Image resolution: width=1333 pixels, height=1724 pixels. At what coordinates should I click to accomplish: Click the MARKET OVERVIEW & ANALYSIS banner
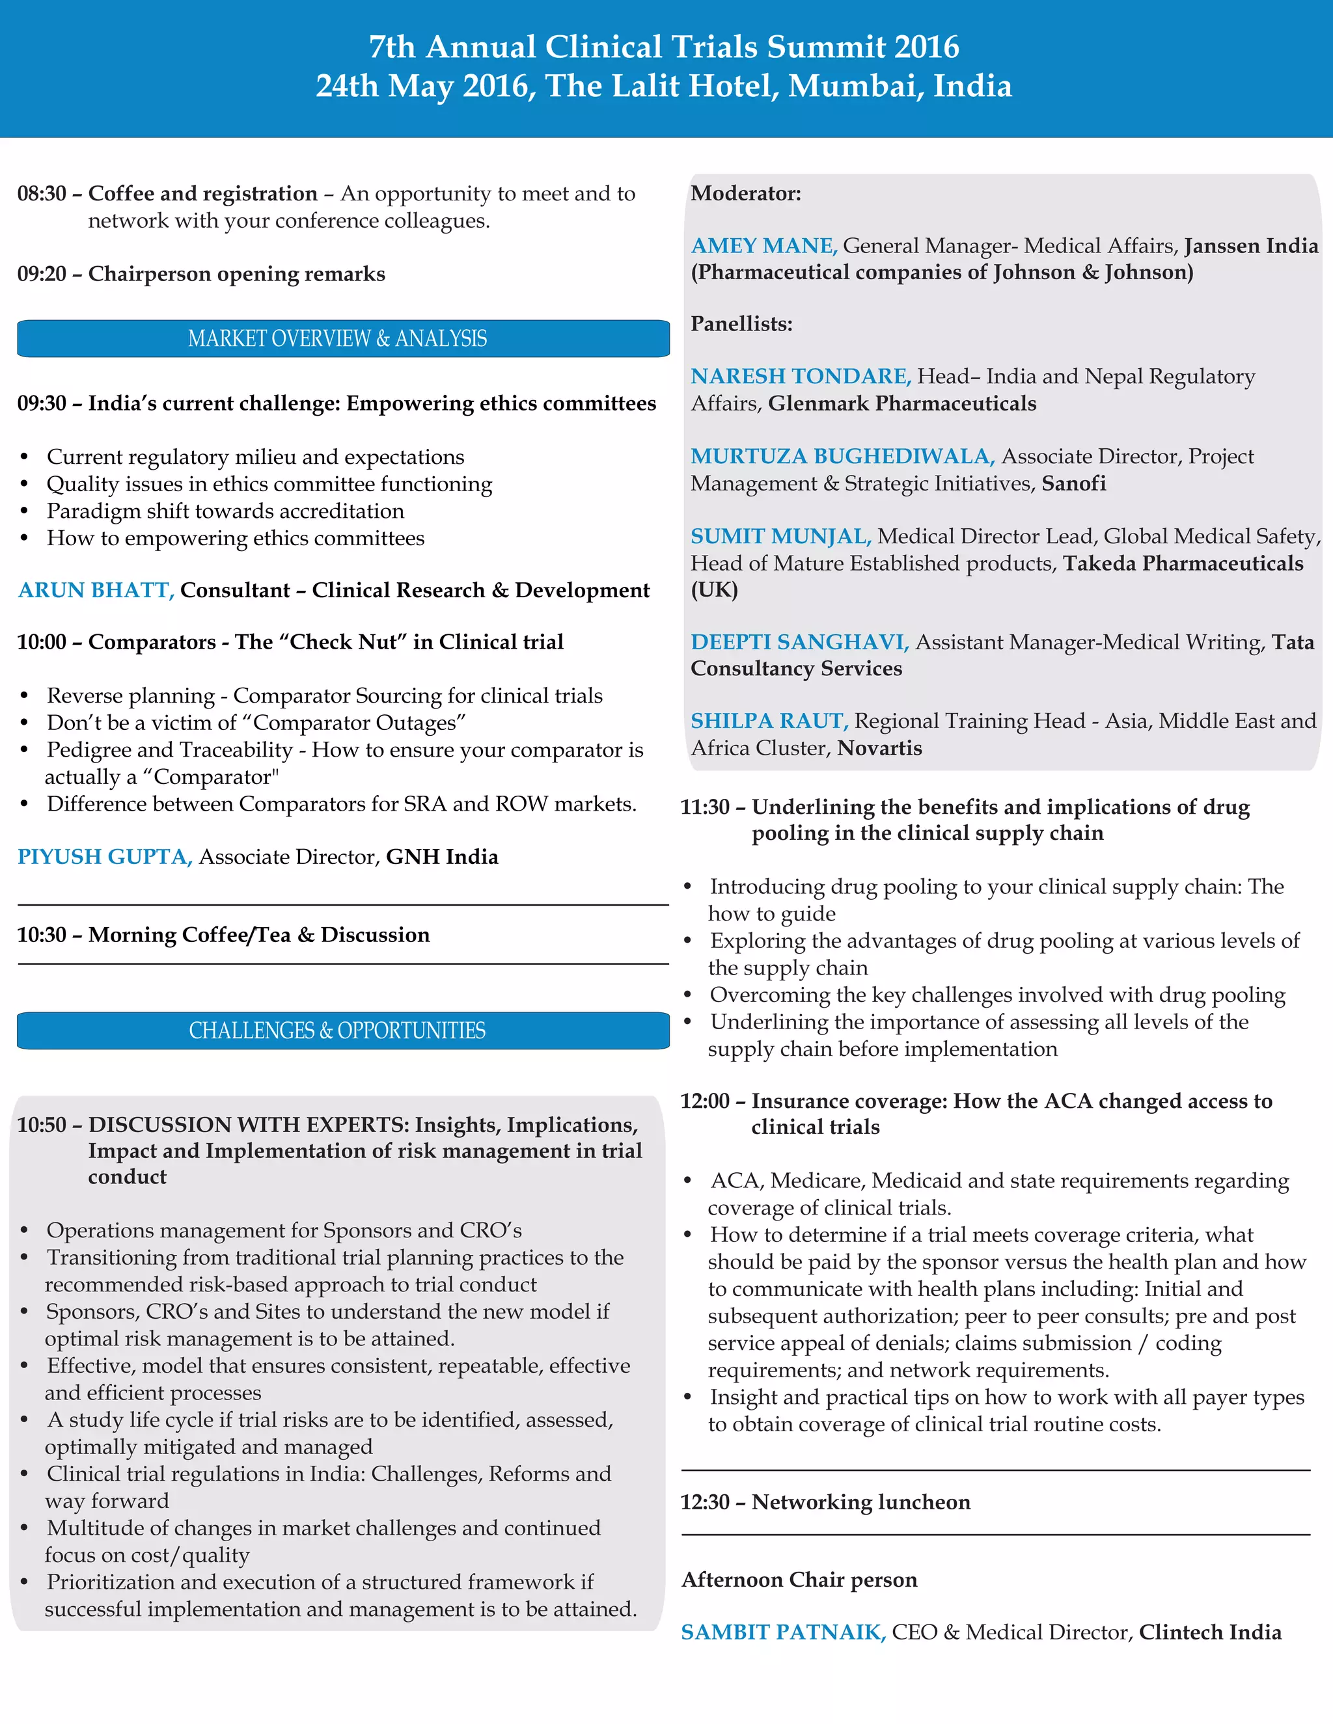[x=338, y=339]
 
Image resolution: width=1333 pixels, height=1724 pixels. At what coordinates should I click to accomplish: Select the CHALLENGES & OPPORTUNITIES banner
[x=338, y=1031]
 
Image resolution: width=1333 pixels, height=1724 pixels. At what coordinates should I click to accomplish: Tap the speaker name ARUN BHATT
[x=96, y=591]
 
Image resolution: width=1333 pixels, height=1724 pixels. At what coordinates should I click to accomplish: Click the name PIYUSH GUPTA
[x=105, y=857]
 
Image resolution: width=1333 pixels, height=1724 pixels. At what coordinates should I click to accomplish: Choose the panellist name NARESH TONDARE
[x=801, y=377]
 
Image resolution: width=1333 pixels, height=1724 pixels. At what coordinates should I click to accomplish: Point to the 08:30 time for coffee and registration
[x=42, y=194]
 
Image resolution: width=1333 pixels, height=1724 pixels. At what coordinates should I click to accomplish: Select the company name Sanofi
[x=1073, y=484]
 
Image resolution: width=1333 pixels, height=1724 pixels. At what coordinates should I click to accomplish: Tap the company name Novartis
[x=879, y=748]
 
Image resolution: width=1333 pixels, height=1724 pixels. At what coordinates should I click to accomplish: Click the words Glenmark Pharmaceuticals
[x=902, y=404]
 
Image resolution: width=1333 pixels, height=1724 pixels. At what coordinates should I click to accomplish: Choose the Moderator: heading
[x=745, y=194]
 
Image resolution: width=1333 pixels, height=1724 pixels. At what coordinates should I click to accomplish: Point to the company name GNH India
[x=441, y=857]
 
